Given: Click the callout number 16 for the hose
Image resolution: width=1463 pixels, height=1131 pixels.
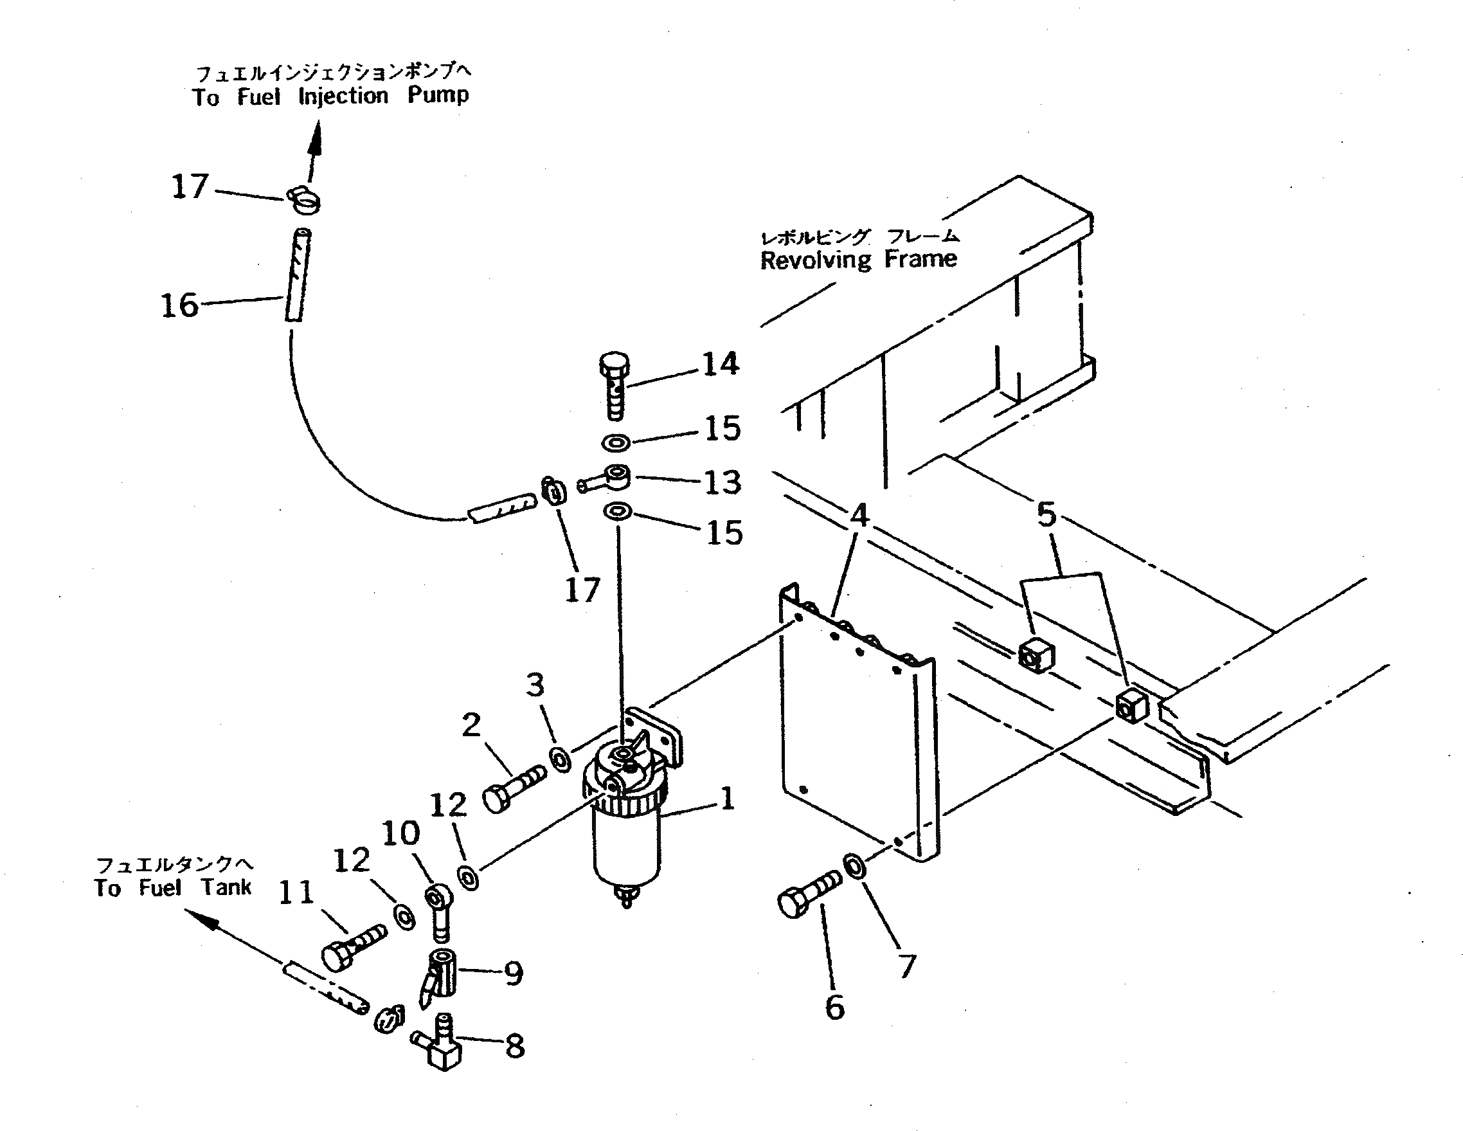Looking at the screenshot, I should [179, 305].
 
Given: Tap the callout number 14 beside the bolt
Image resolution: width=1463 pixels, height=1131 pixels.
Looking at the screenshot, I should [720, 364].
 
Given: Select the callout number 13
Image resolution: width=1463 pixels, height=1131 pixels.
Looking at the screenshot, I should [723, 482].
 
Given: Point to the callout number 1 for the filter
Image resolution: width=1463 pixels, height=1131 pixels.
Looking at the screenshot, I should [728, 798].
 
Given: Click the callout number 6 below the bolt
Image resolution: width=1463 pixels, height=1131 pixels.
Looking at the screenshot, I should [834, 1007].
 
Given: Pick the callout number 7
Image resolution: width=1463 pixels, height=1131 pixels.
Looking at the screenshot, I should [907, 966].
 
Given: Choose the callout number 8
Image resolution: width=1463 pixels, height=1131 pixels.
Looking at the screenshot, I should [514, 1046].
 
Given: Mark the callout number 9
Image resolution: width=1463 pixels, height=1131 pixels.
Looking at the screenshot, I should [514, 973].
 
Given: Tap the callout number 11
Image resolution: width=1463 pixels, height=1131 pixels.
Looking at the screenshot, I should [296, 892].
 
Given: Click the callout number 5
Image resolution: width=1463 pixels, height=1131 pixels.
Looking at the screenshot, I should [1046, 514].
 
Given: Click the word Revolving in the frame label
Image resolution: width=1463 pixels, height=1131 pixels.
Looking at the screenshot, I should [815, 260].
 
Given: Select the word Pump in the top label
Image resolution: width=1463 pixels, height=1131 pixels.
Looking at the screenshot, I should [438, 95].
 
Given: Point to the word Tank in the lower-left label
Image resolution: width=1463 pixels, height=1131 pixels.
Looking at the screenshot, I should [226, 887].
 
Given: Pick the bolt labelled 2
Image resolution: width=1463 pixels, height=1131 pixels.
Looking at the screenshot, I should [512, 788].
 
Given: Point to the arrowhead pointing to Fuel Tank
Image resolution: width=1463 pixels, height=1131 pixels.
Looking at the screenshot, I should [201, 918].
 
